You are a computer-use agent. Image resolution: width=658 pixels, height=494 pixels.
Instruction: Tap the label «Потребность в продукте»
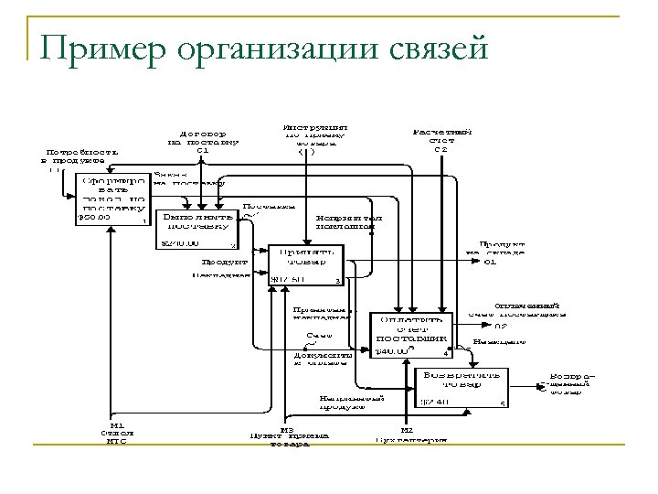tap(75, 156)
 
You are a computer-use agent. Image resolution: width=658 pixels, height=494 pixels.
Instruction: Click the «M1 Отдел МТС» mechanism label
tap(116, 434)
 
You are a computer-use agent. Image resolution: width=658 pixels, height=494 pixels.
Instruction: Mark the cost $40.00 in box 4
tap(393, 350)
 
